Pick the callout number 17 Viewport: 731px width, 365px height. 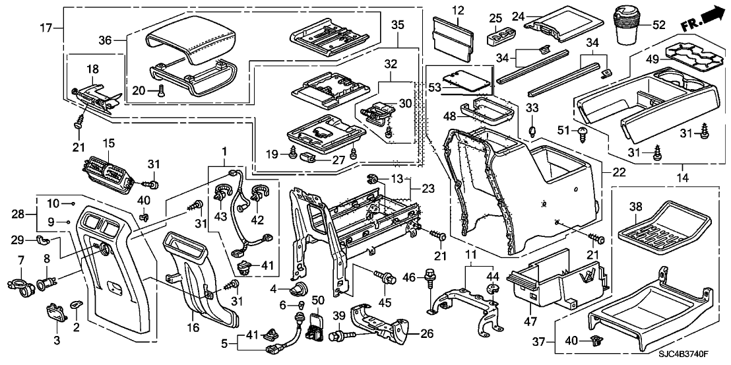(x=45, y=28)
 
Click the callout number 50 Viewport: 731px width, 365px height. (x=317, y=302)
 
